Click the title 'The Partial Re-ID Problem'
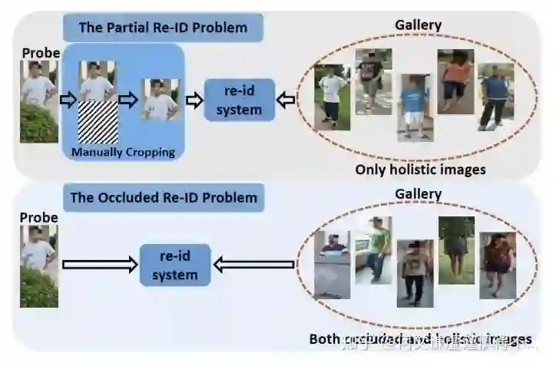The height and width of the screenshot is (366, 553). point(163,28)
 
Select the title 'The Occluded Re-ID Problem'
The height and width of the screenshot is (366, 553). point(164,198)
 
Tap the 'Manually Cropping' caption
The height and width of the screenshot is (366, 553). point(123,152)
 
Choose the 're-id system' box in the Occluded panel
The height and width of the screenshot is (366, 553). point(174,265)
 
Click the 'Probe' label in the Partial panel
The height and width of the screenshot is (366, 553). point(40,53)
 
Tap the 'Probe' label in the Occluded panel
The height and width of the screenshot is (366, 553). point(40,218)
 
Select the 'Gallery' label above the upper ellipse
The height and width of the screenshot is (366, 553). point(418,25)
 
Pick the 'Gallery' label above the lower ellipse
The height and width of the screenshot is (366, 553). point(418,194)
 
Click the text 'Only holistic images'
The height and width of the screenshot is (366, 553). point(420,169)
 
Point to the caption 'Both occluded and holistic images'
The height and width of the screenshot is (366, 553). point(420,338)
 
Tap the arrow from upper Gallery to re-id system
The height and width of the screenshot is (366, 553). point(286,100)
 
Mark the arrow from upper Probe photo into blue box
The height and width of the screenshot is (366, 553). point(68,100)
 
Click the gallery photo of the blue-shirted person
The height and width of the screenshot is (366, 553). point(415,106)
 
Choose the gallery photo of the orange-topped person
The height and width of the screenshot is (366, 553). point(455,77)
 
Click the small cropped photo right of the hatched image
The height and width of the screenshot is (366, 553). point(160,99)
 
